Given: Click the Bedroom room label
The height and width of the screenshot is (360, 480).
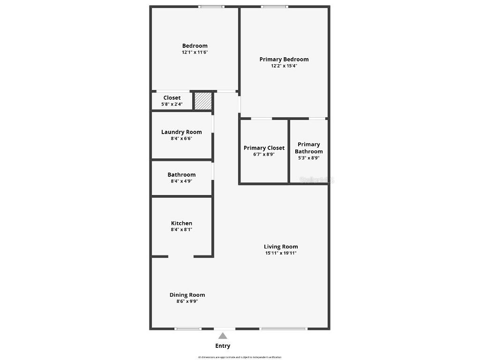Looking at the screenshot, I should coord(195,46).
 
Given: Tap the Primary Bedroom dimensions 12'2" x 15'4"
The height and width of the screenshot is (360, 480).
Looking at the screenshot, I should coord(284,66).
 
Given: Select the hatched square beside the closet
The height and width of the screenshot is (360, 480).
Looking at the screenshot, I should coord(203,101).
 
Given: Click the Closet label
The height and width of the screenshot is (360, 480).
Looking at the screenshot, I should coord(172,98).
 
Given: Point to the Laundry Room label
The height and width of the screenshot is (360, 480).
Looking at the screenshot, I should coord(181,132).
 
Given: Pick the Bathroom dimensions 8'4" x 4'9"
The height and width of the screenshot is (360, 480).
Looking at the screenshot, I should coord(181,181).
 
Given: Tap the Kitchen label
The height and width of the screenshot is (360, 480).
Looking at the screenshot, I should coord(181,224).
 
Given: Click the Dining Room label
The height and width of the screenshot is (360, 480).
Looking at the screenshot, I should coord(187,295).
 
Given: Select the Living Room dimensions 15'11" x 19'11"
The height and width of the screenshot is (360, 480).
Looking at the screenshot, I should coord(281,253).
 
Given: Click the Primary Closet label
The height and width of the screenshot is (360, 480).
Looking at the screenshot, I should coord(264,148).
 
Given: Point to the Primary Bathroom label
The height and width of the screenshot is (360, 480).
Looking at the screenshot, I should coord(309,148).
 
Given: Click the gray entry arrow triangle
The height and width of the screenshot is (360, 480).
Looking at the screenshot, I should coord(223,336).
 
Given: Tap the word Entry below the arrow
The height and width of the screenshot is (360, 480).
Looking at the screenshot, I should coord(223,346).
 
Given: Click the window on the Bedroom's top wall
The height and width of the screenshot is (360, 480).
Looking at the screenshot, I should coord(211,7).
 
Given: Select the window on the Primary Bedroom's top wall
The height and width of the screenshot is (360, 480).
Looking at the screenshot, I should coord(274,7).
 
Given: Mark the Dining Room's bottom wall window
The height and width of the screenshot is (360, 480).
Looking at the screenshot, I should coord(188,329).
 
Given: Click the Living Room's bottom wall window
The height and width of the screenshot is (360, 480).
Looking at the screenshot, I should coord(284,329).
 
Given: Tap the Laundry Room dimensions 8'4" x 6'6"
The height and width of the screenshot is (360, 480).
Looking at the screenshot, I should coord(181,138).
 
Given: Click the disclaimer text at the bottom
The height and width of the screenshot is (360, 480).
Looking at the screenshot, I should coord(240,357).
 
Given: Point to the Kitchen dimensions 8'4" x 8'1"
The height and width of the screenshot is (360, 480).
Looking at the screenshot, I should coord(181,230).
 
